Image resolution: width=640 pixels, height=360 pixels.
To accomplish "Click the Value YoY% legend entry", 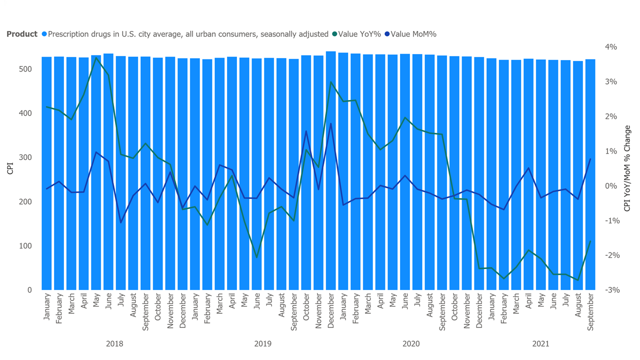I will (x=359, y=34).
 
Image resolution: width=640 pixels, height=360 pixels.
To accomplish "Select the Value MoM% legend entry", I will (x=413, y=34).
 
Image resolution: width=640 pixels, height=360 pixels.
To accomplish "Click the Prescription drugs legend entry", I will (x=188, y=34).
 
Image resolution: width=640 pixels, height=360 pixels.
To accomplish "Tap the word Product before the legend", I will (x=22, y=34).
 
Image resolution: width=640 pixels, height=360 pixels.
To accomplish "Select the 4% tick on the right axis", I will (x=611, y=47).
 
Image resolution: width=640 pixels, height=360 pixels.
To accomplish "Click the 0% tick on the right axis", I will (x=611, y=186).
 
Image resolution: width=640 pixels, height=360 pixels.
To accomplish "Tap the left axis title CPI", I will (x=10, y=168).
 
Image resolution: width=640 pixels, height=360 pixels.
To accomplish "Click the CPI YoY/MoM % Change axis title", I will (x=627, y=168).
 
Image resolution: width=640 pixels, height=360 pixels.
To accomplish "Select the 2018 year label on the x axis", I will (x=114, y=344).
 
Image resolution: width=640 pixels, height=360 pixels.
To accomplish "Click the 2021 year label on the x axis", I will (x=540, y=344).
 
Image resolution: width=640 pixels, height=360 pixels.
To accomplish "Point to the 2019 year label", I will (x=262, y=344).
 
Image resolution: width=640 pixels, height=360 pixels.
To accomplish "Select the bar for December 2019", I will (x=330, y=170).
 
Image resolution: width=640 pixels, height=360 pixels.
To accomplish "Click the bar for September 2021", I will (x=590, y=175).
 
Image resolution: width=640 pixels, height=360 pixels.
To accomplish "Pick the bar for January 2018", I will (x=46, y=173).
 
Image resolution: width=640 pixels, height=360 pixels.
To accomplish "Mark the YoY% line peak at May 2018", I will (x=96, y=57).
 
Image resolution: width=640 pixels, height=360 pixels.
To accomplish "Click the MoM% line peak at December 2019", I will (x=330, y=123).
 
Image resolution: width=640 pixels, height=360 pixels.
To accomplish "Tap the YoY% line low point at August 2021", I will (x=578, y=280).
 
